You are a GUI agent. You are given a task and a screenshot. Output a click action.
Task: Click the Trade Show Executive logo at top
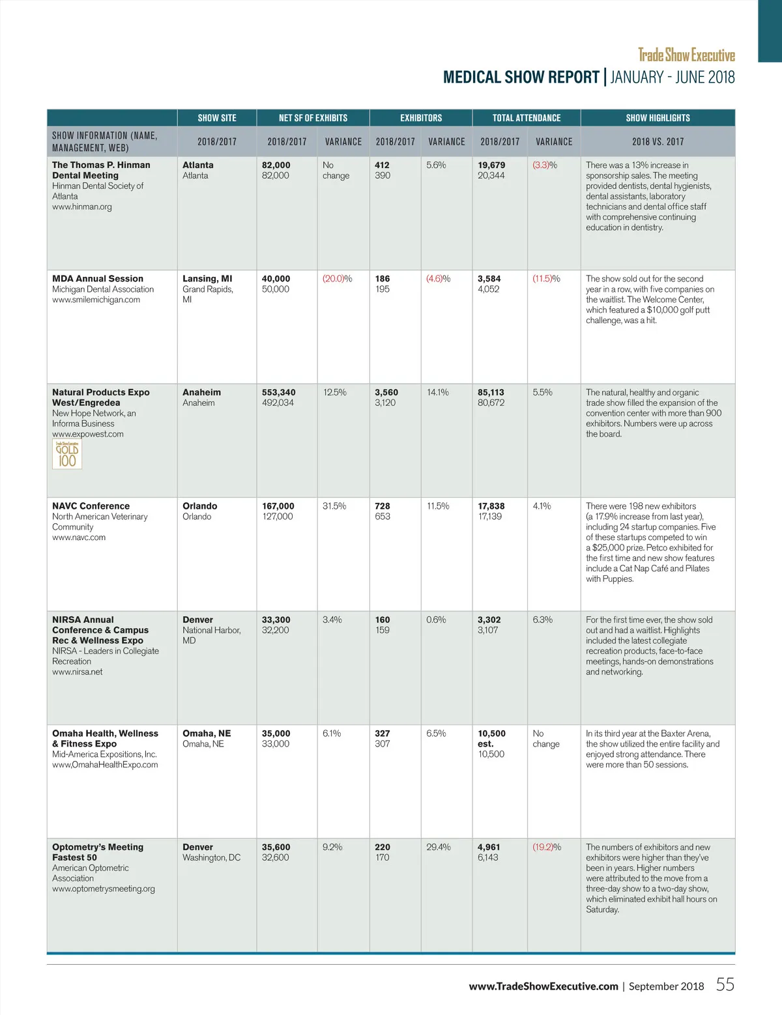tap(686, 55)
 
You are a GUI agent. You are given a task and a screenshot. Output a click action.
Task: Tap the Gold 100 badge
tap(67, 454)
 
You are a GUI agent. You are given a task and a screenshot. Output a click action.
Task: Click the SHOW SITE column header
tap(217, 118)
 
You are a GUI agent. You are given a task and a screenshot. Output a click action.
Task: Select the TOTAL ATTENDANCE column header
tap(527, 118)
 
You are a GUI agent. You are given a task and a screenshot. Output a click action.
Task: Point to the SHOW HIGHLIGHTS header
tap(658, 118)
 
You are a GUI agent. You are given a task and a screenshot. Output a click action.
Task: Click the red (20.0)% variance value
tap(337, 279)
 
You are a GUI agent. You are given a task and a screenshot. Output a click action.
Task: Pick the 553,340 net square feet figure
tap(278, 392)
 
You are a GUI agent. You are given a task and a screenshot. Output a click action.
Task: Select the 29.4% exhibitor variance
tap(438, 847)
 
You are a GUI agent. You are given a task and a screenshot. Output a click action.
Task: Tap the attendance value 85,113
tap(491, 392)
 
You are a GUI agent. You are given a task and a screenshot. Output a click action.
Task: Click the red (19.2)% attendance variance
tap(546, 847)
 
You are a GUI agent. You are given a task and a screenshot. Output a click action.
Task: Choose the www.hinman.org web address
tap(82, 207)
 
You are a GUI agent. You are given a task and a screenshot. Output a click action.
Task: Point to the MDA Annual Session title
tap(98, 279)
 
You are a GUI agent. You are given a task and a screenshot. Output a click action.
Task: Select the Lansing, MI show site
tap(207, 279)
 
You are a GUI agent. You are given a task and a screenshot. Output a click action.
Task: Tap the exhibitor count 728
tap(383, 506)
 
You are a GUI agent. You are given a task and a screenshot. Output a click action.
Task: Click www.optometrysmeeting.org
tap(104, 889)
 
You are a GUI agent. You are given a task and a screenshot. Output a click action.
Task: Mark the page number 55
tap(725, 984)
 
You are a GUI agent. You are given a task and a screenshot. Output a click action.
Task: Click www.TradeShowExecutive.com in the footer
tap(543, 986)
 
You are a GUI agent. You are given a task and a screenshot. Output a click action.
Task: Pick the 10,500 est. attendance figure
tap(492, 738)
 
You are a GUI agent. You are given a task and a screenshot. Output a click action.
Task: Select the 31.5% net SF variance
tap(334, 506)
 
